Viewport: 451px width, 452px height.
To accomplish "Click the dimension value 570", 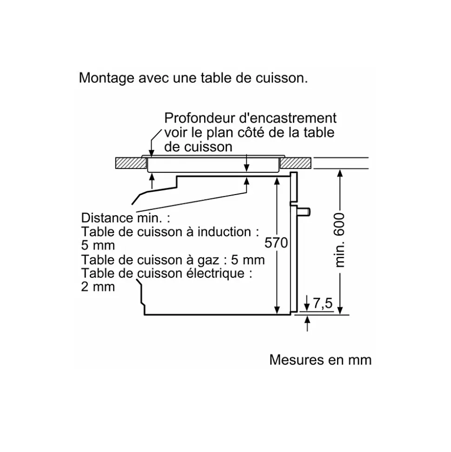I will (x=276, y=243).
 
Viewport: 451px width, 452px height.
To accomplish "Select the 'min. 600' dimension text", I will (x=340, y=240).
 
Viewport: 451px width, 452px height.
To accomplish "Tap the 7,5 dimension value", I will (x=323, y=304).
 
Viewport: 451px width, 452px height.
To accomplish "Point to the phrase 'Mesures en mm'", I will (x=320, y=360).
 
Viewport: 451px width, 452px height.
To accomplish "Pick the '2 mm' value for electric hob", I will (x=98, y=287).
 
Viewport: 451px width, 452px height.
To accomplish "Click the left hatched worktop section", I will (x=131, y=163).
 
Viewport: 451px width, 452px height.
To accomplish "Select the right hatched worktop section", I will (x=296, y=163).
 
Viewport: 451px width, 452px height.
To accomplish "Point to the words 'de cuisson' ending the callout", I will (x=198, y=147).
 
